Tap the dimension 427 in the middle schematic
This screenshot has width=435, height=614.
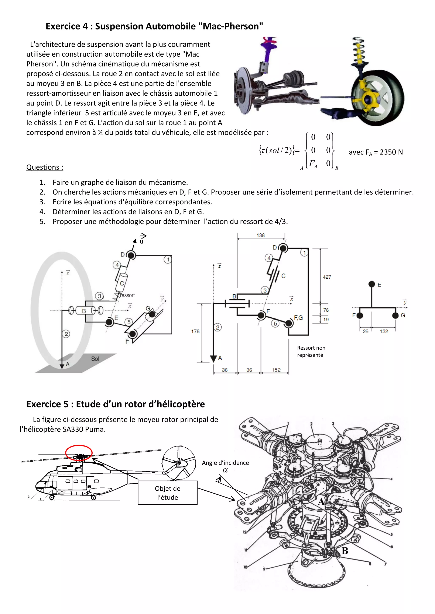coord(327,277)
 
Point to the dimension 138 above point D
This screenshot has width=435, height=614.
coord(260,235)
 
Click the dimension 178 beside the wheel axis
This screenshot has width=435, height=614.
coord(195,331)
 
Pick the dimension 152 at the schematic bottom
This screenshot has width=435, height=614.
coord(276,370)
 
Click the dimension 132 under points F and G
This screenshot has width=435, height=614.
coord(384,331)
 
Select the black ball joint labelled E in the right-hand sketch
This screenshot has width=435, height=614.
coord(372,284)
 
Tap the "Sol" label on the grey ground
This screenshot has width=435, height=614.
coord(95,359)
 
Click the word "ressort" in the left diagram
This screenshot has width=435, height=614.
coord(127,295)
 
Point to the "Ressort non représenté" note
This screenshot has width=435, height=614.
coord(311,351)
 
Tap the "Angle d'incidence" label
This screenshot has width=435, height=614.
coord(225,463)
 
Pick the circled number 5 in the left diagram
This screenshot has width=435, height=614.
coord(129,322)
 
